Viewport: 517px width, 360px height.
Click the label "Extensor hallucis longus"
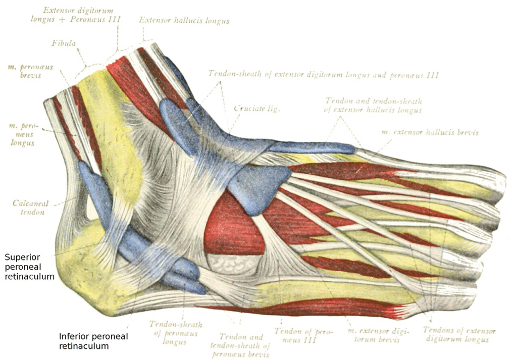click(x=184, y=21)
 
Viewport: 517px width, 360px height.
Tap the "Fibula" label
click(x=64, y=43)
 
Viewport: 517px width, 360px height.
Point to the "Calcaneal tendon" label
click(x=31, y=208)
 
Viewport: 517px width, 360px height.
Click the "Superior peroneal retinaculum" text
click(x=29, y=267)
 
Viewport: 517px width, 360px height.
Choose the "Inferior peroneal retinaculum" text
click(x=93, y=341)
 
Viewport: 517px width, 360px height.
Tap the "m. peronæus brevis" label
click(x=24, y=71)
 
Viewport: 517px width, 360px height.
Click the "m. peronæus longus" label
click(x=21, y=134)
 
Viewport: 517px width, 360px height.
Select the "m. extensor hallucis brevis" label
click(x=430, y=133)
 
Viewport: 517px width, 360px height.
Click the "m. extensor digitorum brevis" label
click(x=378, y=335)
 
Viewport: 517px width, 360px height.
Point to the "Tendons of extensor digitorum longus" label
click(x=459, y=335)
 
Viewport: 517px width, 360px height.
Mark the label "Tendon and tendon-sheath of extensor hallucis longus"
click(x=374, y=106)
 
